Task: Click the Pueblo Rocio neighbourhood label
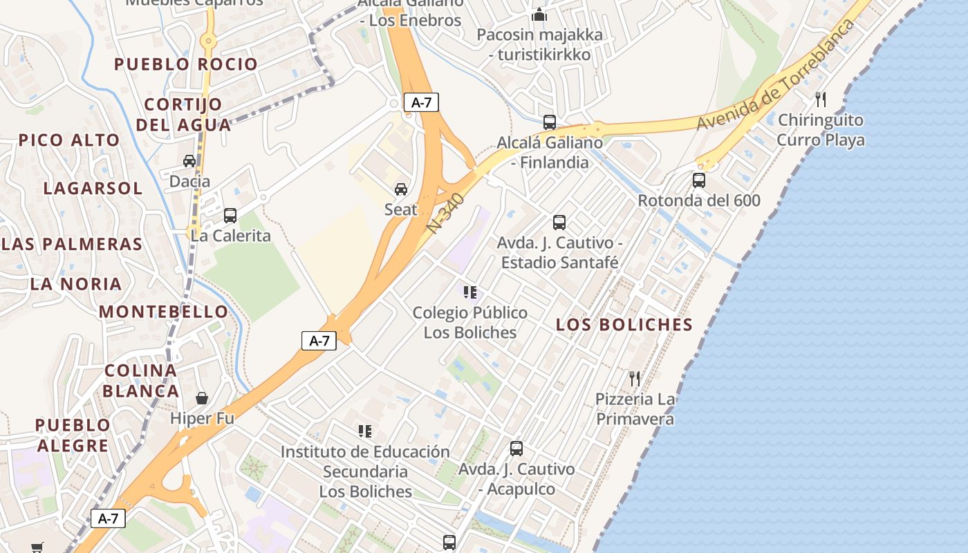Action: tap(185, 64)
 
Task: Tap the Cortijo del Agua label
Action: tap(183, 115)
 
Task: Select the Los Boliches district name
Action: tap(624, 324)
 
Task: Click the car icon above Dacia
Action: tap(189, 161)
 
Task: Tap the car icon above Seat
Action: tap(400, 189)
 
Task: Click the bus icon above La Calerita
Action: tap(230, 215)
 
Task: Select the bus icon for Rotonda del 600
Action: tap(699, 180)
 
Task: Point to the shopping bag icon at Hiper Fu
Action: tap(202, 398)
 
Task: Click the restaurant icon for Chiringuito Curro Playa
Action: tap(821, 100)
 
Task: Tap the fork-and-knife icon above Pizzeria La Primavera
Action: tap(635, 379)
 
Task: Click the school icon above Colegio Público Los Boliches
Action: tap(470, 292)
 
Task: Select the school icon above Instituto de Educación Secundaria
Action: tap(365, 431)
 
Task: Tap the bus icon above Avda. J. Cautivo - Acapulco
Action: tap(516, 449)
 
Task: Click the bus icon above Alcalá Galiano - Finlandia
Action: tap(550, 122)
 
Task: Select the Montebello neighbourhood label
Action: tap(163, 312)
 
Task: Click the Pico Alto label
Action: tap(69, 140)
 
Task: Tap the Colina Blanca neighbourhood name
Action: tap(141, 381)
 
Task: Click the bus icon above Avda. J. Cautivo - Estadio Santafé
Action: tap(559, 223)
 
